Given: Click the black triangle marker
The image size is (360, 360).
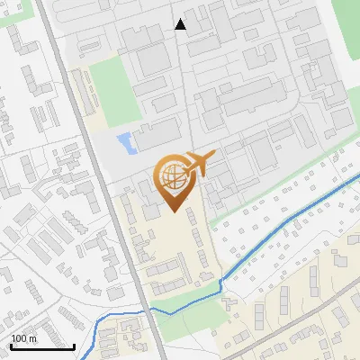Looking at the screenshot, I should (x=181, y=24).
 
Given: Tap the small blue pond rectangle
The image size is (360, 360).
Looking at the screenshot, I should (x=125, y=141).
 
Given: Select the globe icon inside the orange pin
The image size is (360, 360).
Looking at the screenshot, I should (x=172, y=177).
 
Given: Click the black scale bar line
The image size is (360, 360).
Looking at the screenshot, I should (x=42, y=346).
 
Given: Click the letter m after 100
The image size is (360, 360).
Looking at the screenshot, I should (x=32, y=339).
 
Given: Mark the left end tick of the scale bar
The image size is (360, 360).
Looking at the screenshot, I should (x=11, y=345).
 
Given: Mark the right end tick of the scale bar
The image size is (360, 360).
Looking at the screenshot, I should (x=75, y=345).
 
